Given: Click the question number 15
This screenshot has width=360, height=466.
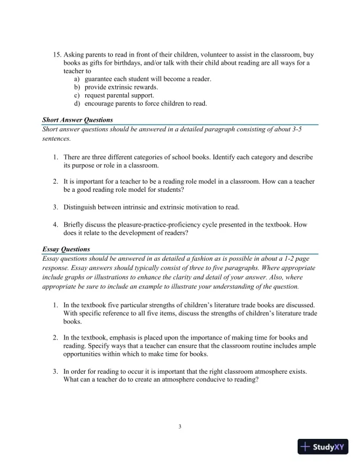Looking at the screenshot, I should (x=56, y=54).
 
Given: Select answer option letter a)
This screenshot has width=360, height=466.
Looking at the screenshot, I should (x=77, y=79).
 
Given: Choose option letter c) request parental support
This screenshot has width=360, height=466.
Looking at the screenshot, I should (x=77, y=95).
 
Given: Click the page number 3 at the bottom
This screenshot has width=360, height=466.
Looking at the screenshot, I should (x=180, y=426).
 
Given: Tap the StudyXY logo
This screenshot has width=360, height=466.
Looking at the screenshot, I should (x=324, y=447).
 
